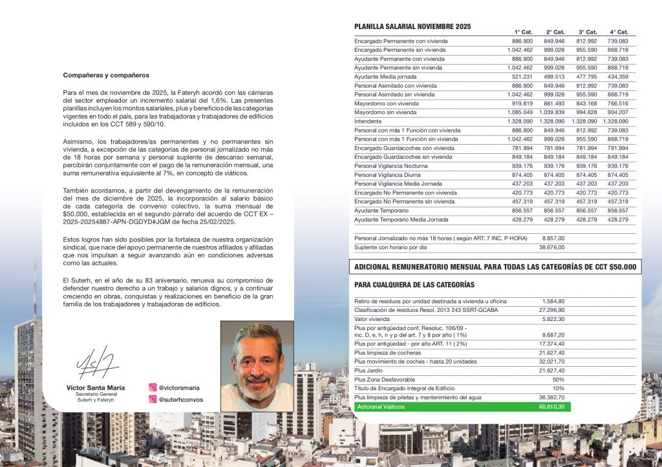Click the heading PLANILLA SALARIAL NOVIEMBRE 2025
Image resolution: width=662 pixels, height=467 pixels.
[x=412, y=26]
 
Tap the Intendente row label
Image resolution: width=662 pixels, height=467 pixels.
[x=368, y=121]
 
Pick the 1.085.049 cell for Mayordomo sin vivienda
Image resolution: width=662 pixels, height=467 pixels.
[x=520, y=112]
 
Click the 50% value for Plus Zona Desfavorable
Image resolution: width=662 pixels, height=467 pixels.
[x=558, y=380]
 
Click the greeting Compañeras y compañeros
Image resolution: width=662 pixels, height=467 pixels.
[x=106, y=75]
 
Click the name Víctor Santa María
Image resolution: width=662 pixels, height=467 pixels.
[x=96, y=388]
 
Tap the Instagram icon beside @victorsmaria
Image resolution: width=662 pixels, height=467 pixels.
[x=153, y=388]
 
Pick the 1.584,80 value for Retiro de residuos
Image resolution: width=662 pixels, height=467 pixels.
[x=553, y=301]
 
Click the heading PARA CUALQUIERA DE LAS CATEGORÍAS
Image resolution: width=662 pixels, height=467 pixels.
[x=414, y=285]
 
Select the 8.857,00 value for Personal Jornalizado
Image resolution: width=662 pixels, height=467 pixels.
[x=553, y=238]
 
